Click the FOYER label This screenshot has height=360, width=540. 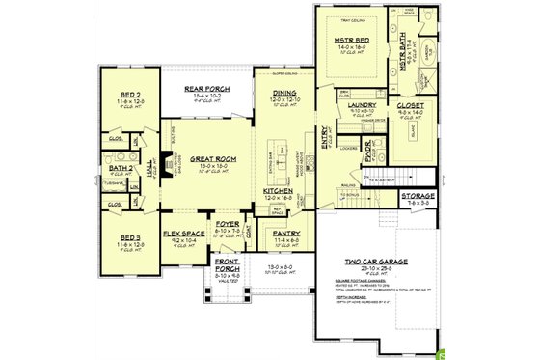(228, 223)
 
